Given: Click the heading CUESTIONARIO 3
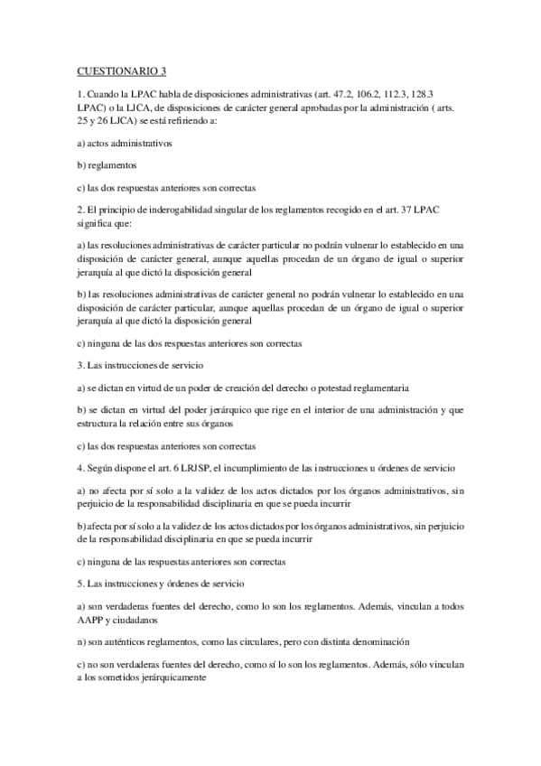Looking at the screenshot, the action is tap(117, 70).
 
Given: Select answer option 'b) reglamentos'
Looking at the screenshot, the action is tap(107, 165).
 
